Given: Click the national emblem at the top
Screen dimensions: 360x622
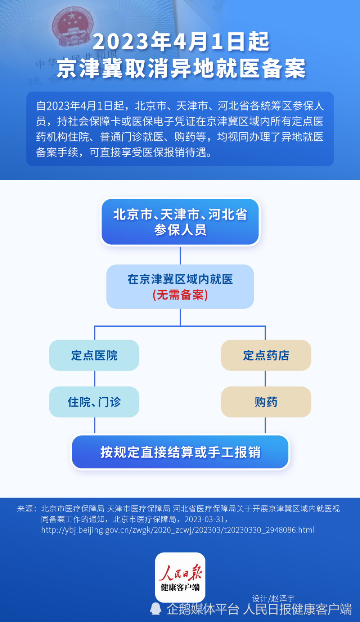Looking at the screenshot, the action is pos(73,27).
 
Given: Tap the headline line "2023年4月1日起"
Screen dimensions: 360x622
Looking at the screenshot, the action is pos(181,41).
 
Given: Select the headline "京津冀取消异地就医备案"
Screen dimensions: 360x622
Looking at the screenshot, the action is pos(181,68).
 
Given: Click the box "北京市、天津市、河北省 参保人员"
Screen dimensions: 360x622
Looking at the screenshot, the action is pos(180,222).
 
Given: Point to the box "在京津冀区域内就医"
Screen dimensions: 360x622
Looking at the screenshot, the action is pos(180,287).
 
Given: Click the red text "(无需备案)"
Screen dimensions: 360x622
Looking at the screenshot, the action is pos(180,295).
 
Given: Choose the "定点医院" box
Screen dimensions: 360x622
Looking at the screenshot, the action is pos(94,355).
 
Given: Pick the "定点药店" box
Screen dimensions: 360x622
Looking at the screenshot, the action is pos(266,355).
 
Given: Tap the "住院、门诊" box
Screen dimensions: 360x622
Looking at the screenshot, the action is pos(94,402).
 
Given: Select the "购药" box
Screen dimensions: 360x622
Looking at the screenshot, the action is pos(266,402).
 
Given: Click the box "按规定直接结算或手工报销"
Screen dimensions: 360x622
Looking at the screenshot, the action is pos(180,452).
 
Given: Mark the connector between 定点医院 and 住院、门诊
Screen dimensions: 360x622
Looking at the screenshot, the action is pos(95,379).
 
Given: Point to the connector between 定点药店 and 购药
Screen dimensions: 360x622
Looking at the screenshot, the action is pos(265,379).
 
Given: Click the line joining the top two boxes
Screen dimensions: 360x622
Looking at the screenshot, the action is pos(180,255).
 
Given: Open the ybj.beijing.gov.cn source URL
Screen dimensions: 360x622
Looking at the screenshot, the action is pos(178,530).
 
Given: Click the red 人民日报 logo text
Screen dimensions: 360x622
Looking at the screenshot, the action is pos(180,572).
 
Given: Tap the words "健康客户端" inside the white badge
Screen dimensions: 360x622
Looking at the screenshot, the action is pos(180,587).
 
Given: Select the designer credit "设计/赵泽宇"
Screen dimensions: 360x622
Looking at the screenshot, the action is pos(273,599).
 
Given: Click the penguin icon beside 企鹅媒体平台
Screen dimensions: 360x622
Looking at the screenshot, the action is pos(156,609).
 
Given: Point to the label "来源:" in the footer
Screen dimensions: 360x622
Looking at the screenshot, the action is pos(27,509).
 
